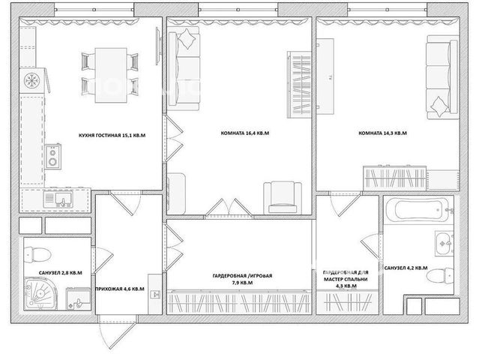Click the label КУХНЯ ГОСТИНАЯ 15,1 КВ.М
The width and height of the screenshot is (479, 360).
coord(112,135)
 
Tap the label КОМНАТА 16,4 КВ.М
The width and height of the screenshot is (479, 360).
coord(245,133)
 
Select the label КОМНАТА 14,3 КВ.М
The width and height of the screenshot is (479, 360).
coord(382,133)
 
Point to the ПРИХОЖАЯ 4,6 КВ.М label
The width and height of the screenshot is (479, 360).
coord(120,289)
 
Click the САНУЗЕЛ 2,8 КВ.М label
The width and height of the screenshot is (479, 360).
coord(60,273)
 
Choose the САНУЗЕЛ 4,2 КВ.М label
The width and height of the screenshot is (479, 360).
coord(406,268)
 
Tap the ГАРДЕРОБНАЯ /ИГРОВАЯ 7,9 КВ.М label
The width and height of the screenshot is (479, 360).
coord(242,279)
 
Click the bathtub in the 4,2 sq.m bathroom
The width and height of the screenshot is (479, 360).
coord(418,210)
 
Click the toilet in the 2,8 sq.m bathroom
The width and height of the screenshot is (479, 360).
coord(37,254)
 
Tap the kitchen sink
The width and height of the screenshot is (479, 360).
coord(58,199)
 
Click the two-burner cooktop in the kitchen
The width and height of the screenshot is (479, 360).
coord(53,157)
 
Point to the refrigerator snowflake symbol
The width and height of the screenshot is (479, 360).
coord(32,81)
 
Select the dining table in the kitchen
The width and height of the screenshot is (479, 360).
coord(111,75)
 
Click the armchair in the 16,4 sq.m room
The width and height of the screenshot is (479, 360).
coord(283,197)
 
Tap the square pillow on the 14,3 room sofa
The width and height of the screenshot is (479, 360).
coord(439,106)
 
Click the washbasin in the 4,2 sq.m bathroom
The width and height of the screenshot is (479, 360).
coord(445,243)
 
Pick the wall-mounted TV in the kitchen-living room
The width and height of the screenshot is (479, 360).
coord(158,46)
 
